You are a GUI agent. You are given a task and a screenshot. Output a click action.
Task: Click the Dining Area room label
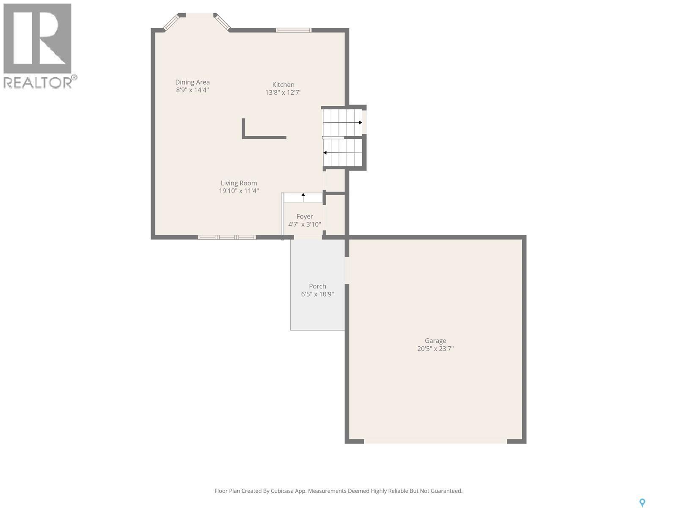193,82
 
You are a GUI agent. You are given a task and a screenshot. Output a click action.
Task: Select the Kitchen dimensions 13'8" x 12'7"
283,93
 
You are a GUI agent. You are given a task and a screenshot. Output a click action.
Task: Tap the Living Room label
239,183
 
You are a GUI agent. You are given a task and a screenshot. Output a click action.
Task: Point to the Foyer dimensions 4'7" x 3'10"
305,224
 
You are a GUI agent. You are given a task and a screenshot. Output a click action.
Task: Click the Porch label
317,286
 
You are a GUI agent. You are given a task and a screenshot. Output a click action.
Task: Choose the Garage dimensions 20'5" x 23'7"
435,349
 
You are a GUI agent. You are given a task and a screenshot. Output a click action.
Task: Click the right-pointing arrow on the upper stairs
360,123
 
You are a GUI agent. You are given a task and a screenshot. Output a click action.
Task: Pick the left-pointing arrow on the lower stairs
325,153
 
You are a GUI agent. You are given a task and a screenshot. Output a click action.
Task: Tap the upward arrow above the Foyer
303,196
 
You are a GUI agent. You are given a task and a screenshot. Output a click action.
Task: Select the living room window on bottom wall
227,237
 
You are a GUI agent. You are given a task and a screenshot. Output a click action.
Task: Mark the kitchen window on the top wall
294,30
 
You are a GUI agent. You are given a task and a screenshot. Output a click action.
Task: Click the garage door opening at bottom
435,441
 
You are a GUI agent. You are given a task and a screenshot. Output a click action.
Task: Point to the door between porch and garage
347,271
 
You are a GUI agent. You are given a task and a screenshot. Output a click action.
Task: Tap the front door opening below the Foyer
308,237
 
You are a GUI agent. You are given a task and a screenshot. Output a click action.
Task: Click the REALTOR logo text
38,82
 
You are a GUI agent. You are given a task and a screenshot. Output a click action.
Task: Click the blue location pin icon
642,502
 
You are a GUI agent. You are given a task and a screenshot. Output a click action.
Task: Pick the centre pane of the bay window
200,15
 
